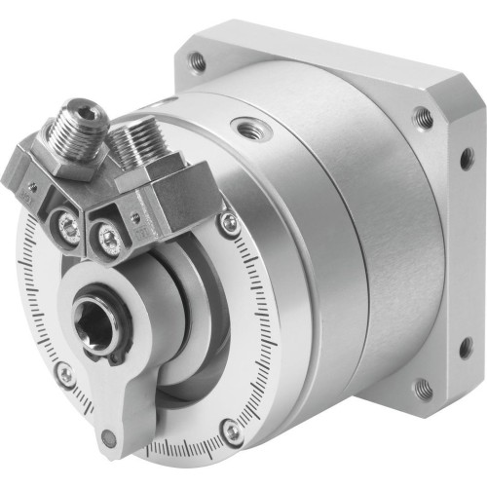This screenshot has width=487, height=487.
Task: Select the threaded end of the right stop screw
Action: coord(131,142)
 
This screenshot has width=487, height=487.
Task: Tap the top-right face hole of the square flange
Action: coord(423,118)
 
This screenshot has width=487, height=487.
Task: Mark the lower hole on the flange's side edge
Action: coord(466,346)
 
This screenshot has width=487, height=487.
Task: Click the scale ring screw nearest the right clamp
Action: coord(229,225)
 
